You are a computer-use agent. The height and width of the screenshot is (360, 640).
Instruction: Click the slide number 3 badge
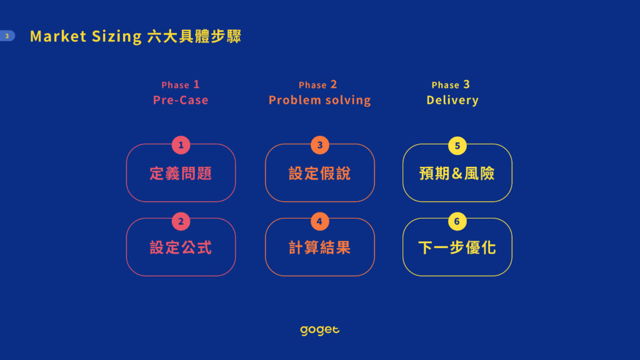click(x=7, y=36)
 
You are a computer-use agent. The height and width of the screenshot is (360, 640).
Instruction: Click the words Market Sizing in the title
click(x=86, y=36)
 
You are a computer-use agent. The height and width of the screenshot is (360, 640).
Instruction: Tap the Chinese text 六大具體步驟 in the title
click(x=194, y=36)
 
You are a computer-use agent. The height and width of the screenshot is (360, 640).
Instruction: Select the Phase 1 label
click(x=181, y=84)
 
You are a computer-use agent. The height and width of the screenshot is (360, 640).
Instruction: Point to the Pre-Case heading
click(x=181, y=100)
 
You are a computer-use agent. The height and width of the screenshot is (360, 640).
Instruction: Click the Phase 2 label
click(x=318, y=84)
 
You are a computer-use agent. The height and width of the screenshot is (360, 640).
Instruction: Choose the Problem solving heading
click(x=319, y=100)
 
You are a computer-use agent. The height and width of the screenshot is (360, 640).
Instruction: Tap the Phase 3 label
click(x=451, y=84)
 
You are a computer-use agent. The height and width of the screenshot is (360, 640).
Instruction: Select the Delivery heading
click(x=452, y=100)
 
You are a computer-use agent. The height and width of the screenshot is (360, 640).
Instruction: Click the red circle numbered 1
click(x=181, y=145)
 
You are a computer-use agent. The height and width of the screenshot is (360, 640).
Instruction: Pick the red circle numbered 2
click(x=181, y=221)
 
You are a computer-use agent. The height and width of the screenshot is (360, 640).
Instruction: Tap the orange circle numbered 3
click(x=319, y=145)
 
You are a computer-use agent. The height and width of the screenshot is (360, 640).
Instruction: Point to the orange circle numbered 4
click(x=319, y=221)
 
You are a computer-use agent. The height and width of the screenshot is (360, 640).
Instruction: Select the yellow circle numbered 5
click(x=457, y=146)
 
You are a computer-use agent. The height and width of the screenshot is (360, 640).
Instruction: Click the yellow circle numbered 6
click(x=457, y=221)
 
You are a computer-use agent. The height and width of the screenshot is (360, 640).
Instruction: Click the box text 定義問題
click(x=181, y=174)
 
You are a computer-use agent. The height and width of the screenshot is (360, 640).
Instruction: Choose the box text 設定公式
click(x=181, y=247)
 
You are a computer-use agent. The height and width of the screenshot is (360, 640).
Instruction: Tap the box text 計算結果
click(x=319, y=247)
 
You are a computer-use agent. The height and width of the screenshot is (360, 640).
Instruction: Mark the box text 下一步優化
click(x=457, y=247)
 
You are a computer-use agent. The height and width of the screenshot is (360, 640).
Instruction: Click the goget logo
click(x=319, y=330)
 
